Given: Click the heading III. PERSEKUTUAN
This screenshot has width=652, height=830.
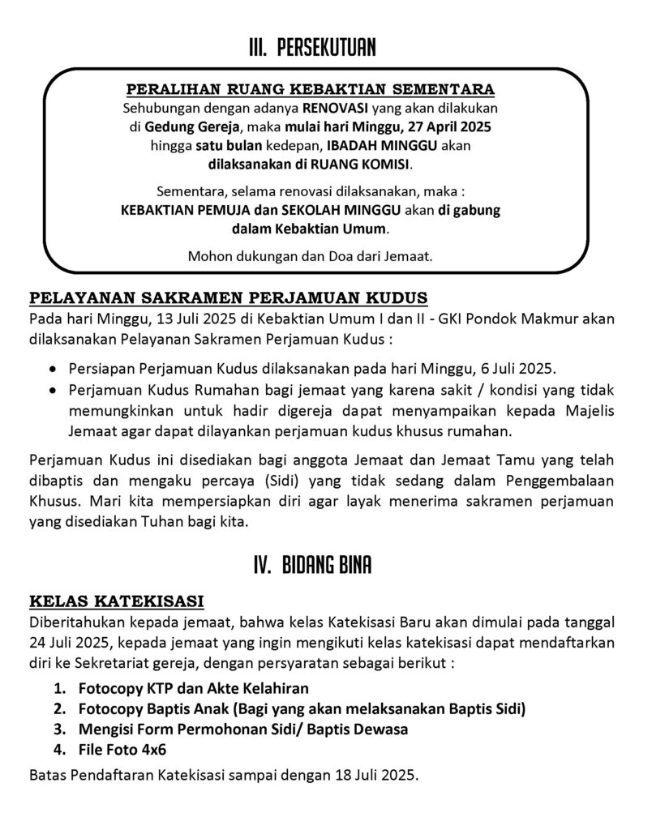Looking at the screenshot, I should click(x=312, y=49).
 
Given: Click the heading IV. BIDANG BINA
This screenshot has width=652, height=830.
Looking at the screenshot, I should click(x=312, y=565).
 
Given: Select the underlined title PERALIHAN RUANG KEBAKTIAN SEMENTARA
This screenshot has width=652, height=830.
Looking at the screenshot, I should click(x=311, y=88).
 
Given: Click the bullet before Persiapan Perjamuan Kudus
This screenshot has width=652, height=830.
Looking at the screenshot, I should click(x=54, y=367).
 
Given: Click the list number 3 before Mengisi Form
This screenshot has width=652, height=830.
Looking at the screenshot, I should click(x=60, y=729).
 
